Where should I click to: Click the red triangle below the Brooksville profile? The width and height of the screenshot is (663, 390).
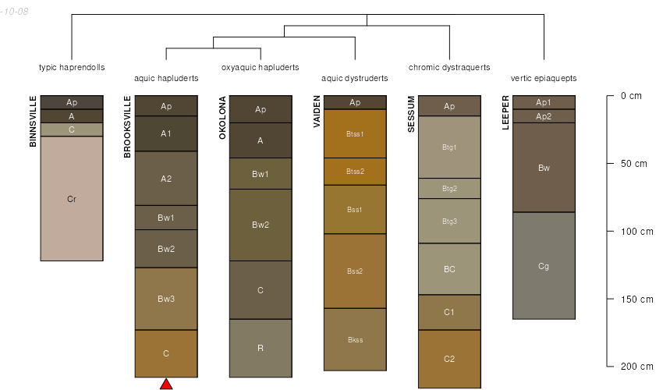click(x=166, y=384)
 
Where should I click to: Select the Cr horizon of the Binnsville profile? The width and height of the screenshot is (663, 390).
click(x=72, y=199)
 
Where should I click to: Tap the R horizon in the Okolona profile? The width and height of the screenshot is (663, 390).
click(x=261, y=348)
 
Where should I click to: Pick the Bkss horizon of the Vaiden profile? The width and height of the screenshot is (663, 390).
click(x=355, y=339)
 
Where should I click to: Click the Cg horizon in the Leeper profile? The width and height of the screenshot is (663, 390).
click(x=544, y=266)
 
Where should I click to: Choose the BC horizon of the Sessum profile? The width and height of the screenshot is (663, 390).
click(x=449, y=269)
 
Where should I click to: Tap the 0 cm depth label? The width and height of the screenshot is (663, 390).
click(x=631, y=96)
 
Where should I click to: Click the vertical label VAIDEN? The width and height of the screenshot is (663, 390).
click(x=317, y=112)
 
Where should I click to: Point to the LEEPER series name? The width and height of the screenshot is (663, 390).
click(x=505, y=112)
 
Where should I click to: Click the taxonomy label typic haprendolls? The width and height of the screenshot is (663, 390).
click(x=72, y=67)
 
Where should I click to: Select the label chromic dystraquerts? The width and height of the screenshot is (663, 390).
click(x=449, y=67)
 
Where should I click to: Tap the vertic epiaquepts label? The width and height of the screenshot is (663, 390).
click(x=544, y=78)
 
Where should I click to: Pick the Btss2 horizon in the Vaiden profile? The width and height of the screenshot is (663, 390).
click(x=355, y=172)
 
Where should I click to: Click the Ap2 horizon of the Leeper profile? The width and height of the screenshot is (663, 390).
click(x=544, y=116)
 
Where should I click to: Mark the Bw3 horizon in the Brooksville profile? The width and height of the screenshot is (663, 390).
click(x=166, y=299)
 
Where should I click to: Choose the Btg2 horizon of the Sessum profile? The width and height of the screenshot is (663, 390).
click(x=449, y=189)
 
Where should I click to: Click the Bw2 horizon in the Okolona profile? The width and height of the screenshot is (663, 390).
click(x=261, y=225)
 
